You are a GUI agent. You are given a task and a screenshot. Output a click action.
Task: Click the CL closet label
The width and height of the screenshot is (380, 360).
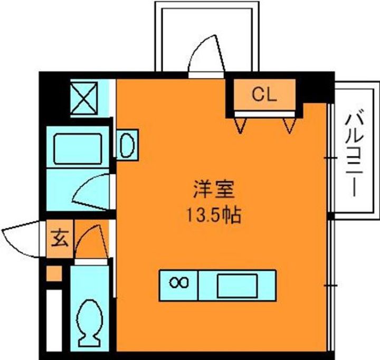[x=264, y=95]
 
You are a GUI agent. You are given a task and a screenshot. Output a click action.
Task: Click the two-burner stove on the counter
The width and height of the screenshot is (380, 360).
[x=179, y=284]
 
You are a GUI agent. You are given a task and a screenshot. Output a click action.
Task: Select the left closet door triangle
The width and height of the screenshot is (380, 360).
[x=242, y=125]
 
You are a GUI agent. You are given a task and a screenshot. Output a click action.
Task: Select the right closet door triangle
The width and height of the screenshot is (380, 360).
[x=289, y=125]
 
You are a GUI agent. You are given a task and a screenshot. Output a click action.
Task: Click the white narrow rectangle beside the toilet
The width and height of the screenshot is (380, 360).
[x=53, y=322]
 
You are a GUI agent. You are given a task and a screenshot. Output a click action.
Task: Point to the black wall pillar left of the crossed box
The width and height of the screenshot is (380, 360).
[x=55, y=98]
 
